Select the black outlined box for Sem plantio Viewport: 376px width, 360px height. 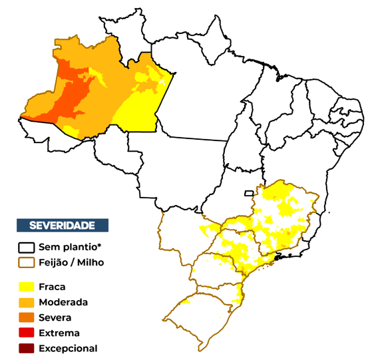[x=27, y=247]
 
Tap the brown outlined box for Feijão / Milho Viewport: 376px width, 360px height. [x=27, y=262]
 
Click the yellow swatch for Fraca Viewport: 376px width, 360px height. [x=27, y=287]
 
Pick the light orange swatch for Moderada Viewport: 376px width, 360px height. [x=27, y=302]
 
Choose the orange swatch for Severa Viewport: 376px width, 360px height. [x=27, y=317]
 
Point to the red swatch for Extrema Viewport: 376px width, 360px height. [x=27, y=333]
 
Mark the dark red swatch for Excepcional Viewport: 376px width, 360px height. [x=27, y=348]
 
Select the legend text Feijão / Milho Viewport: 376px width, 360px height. [x=71, y=262]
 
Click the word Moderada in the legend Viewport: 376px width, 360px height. [x=63, y=302]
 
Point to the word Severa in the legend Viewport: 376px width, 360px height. [x=55, y=317]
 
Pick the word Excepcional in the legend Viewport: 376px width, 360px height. [x=68, y=348]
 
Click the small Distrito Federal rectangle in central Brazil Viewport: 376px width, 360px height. [x=249, y=194]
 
